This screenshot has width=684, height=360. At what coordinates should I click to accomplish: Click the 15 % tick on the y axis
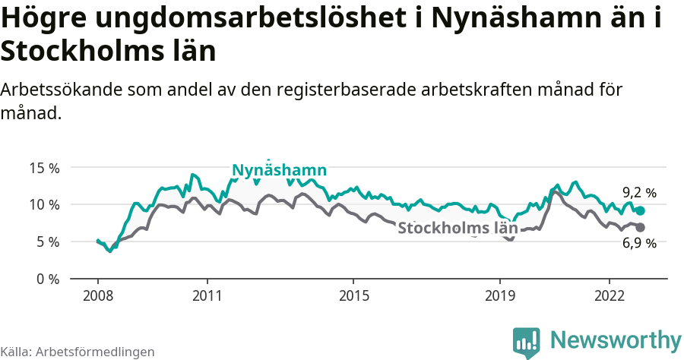click(44, 168)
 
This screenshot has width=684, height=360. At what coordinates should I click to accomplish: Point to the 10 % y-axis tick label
click(44, 204)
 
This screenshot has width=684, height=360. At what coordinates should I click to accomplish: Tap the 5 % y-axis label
click(47, 242)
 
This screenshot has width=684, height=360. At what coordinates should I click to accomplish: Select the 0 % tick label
click(47, 279)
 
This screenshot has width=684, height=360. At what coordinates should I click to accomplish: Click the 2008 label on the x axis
click(98, 295)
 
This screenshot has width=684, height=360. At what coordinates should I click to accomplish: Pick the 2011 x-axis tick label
click(207, 295)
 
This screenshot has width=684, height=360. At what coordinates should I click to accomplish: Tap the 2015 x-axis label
click(353, 295)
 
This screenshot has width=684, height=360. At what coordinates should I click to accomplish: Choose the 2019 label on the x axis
click(500, 295)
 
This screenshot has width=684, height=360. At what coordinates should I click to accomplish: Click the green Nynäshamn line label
click(279, 170)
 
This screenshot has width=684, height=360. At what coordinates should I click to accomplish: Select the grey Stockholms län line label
click(458, 228)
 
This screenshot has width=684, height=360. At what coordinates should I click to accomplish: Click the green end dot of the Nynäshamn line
click(640, 210)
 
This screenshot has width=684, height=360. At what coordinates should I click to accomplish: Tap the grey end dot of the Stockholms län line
click(640, 227)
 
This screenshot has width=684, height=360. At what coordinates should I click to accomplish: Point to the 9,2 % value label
click(638, 193)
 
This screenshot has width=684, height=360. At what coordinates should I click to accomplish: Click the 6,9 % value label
click(638, 243)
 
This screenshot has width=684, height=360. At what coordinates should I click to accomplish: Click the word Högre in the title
click(44, 18)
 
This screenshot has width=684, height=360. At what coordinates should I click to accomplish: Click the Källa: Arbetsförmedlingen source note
click(78, 352)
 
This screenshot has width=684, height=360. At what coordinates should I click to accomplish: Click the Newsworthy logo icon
click(526, 342)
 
